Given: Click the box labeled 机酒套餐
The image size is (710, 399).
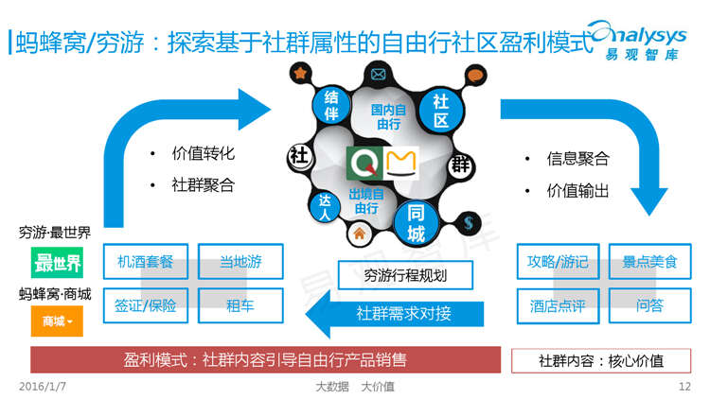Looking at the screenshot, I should [146, 262].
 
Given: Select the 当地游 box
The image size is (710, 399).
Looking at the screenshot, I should [240, 262].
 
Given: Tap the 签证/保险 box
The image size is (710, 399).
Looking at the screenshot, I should [146, 305].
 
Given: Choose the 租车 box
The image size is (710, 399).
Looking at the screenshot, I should [240, 305].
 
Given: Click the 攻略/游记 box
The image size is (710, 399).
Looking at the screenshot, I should [558, 262].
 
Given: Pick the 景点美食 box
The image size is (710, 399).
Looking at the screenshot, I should [649, 262].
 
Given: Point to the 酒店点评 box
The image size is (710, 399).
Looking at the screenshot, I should [558, 305].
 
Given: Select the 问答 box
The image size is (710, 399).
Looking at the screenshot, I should [649, 305].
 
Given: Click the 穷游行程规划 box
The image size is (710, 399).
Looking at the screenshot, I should [404, 275].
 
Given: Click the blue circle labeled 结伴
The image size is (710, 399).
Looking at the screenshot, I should [331, 106].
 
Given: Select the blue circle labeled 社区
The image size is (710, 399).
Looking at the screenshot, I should [440, 111].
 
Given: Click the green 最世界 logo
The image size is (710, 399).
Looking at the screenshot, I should [58, 262].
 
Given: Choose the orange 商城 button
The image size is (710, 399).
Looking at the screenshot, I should [58, 321].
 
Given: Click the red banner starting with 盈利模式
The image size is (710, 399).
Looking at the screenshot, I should [265, 359].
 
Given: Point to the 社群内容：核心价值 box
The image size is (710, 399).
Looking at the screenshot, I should [601, 360].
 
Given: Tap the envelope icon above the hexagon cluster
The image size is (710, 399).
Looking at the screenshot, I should [381, 74].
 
